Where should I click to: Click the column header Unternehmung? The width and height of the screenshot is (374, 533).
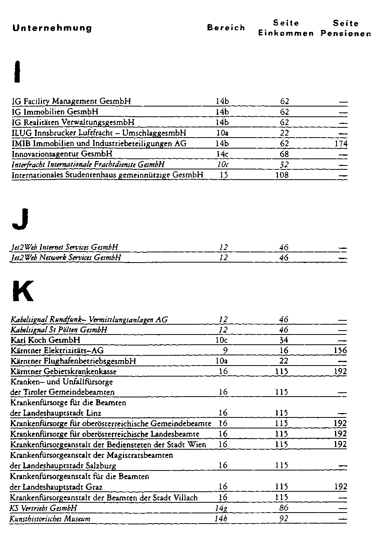tap(52, 28)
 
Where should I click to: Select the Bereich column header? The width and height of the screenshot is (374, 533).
tap(226, 28)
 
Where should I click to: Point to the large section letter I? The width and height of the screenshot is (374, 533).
tap(16, 71)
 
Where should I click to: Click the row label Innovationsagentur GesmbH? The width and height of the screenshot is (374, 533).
tap(62, 154)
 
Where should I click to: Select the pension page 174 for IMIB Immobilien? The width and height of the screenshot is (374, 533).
tap(341, 143)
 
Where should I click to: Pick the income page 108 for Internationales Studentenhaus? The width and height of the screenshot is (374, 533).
tap(282, 175)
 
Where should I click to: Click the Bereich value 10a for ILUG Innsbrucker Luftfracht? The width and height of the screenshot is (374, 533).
tap(222, 133)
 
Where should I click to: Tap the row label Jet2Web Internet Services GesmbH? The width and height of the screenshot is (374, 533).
tap(65, 247)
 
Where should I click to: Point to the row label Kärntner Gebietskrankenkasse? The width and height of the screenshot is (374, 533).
tap(63, 371)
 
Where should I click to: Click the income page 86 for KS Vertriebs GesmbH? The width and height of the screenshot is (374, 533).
tap(283, 508)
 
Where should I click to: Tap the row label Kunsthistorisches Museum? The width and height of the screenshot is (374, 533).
tap(50, 518)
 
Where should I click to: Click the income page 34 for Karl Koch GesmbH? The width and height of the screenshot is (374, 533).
tap(283, 340)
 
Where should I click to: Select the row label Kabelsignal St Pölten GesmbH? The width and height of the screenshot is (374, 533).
tap(59, 330)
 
